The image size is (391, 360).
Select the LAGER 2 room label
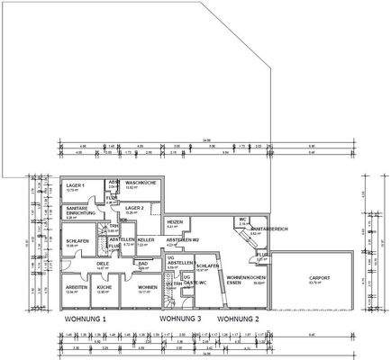[x=135, y=207]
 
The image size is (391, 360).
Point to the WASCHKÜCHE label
[x=142, y=183]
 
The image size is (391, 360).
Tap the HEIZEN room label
[x=176, y=221]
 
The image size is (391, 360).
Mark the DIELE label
[x=104, y=264]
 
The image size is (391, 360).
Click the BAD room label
[x=141, y=264]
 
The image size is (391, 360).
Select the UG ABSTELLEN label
[x=175, y=261]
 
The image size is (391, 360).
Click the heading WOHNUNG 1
[x=85, y=319]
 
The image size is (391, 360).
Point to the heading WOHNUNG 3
[x=180, y=319]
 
